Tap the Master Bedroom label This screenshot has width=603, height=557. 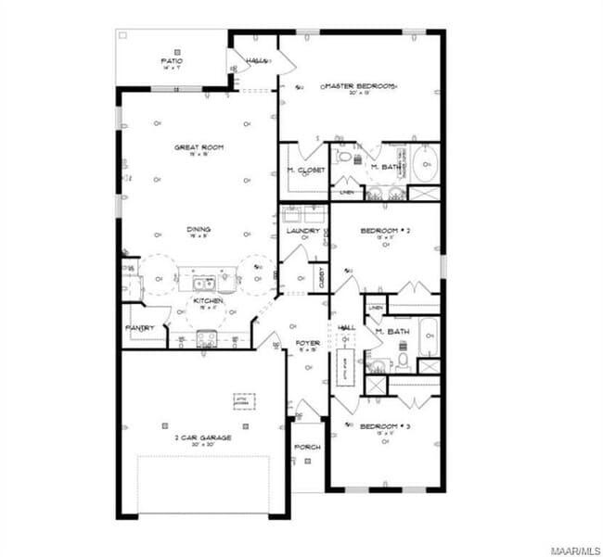[x=359, y=85]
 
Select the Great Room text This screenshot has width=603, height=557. [x=199, y=147]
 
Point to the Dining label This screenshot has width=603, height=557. [x=199, y=229]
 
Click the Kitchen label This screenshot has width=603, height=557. [x=206, y=302]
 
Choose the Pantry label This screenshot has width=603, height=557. [x=139, y=328]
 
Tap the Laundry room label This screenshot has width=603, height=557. [x=301, y=230]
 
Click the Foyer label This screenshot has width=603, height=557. [x=307, y=343]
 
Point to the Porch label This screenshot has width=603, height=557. [x=307, y=447]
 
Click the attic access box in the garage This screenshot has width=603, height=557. [x=244, y=400]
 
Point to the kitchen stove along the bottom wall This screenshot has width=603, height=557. [x=206, y=339]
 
